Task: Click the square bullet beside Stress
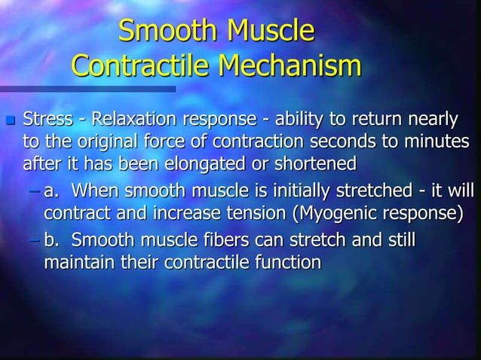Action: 10,120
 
